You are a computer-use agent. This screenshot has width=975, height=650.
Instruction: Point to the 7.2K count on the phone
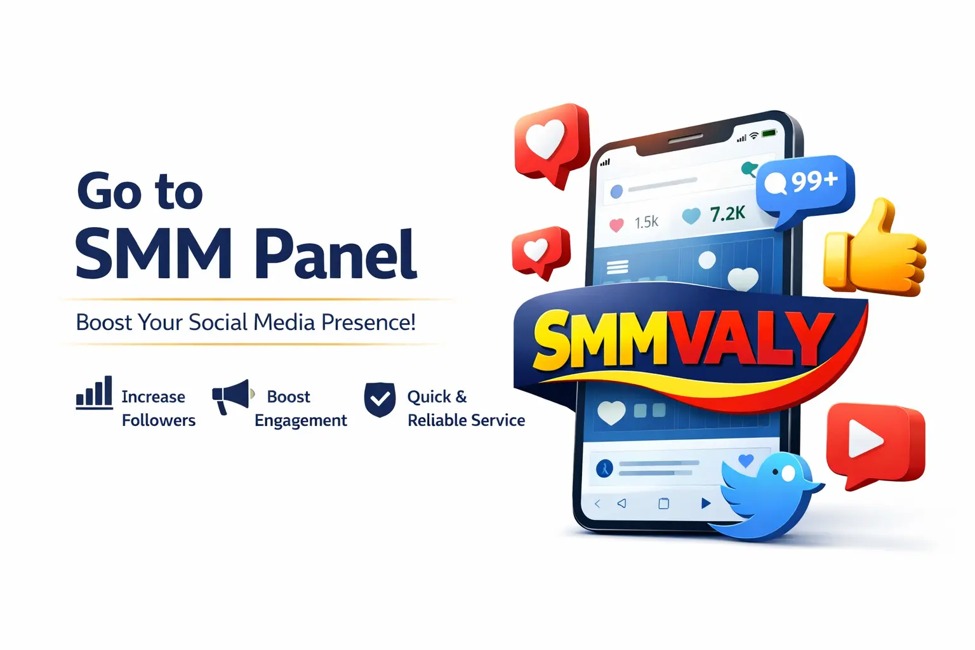[x=727, y=214]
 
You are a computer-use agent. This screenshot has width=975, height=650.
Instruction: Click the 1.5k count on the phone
[x=646, y=222]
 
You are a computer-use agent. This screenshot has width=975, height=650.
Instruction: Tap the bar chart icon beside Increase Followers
[x=94, y=392]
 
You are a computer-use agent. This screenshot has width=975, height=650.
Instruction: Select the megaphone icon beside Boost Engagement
[x=232, y=395]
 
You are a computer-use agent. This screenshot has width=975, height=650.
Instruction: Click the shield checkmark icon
[x=380, y=400]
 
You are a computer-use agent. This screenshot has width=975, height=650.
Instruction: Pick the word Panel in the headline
[x=336, y=255]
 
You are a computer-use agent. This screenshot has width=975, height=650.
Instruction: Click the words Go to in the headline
[x=140, y=191]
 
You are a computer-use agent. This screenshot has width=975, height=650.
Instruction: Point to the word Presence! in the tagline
[x=368, y=322]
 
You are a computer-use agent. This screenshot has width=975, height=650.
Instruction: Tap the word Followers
[x=159, y=420]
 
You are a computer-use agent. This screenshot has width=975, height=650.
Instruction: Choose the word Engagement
[x=301, y=421]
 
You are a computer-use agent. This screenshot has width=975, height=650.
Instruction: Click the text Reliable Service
[x=466, y=420]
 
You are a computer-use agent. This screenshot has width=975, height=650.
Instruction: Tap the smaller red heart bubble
[x=540, y=251]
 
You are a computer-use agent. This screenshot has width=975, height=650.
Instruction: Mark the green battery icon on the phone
[x=769, y=133]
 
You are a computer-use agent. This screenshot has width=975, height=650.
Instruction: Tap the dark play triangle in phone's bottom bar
[x=705, y=503]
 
